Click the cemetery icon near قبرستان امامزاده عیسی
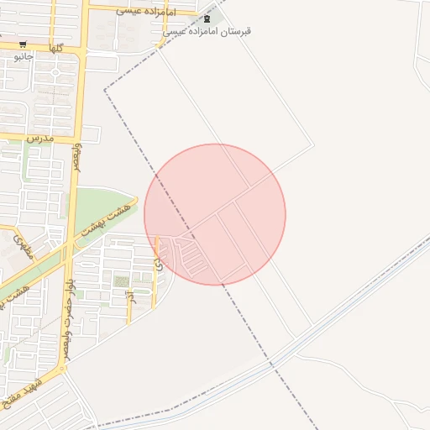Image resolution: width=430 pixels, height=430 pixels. [207, 18]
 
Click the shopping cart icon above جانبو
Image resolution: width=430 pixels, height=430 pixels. [23, 45]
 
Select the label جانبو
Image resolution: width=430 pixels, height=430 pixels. [23, 56]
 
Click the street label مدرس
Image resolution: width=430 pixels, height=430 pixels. [39, 136]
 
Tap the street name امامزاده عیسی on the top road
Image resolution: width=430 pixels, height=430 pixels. [145, 12]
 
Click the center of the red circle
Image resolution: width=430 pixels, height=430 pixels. [215, 214]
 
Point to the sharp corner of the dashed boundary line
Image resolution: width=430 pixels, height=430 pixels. [105, 89]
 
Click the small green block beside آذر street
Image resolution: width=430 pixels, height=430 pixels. [122, 281]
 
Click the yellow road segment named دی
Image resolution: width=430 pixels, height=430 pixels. [155, 277]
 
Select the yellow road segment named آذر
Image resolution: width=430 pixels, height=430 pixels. [128, 311]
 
